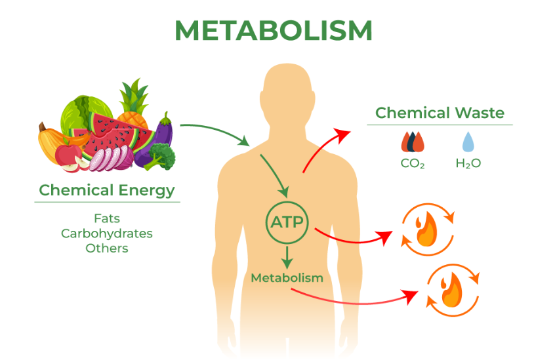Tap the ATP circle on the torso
287,222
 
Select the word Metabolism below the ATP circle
287,277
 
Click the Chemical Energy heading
107,190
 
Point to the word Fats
107,218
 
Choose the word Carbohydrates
107,233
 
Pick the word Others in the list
107,249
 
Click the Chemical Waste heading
440,113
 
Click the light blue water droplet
468,141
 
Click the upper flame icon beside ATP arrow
426,229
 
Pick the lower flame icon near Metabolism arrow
452,289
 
